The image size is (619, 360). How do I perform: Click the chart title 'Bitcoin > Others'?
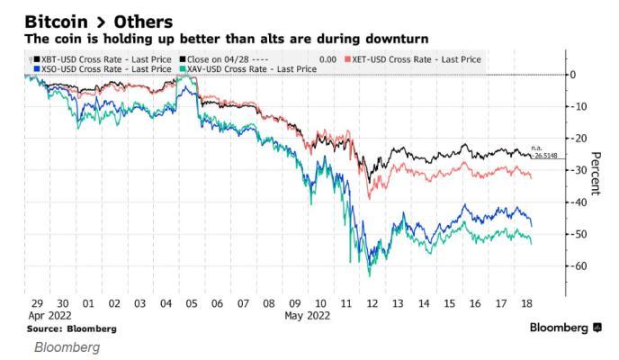[99, 21]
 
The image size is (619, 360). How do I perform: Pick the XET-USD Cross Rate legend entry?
[418, 58]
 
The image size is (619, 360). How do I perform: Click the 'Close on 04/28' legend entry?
[221, 58]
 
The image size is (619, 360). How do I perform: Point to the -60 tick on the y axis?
[580, 266]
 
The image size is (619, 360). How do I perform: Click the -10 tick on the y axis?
[580, 106]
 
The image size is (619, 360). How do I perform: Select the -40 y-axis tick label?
[580, 202]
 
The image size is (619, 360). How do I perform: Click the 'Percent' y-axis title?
[593, 170]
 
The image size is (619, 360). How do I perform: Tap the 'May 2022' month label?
[308, 316]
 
